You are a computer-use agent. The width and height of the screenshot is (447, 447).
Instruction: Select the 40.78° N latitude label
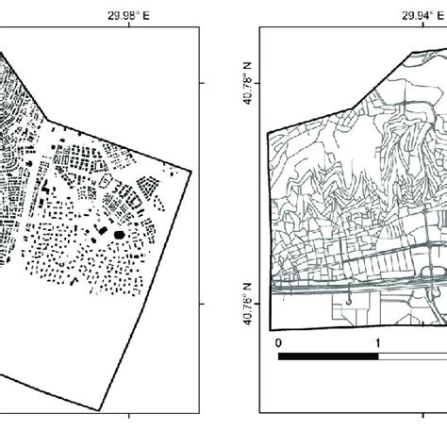click(250, 83)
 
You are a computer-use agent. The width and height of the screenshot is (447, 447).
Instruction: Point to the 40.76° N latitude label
click(250, 304)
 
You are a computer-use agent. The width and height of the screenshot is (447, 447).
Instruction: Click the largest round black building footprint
click(120, 233)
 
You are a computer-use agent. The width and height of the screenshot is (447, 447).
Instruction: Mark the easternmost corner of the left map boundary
click(194, 171)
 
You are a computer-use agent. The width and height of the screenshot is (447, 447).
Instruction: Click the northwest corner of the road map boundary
click(269, 131)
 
